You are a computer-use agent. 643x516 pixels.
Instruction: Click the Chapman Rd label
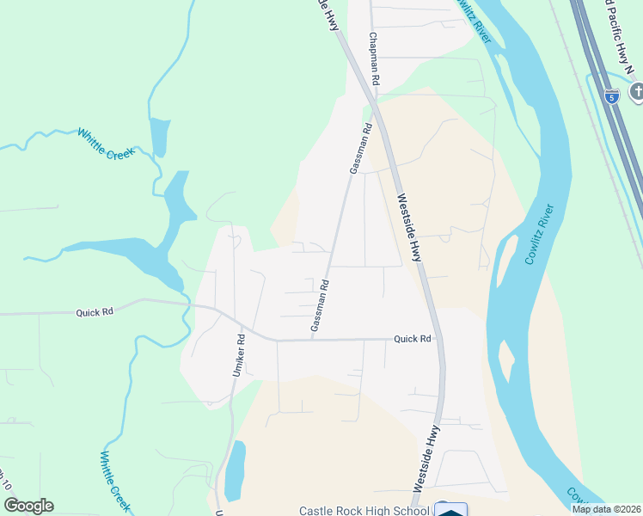point(373,58)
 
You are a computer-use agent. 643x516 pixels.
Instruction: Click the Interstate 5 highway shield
point(611,96)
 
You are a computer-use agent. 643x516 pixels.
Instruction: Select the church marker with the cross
point(636,91)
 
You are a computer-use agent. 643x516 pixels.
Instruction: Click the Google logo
point(28,506)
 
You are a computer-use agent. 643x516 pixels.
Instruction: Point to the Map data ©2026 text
point(606,508)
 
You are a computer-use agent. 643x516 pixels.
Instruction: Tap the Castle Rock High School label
point(364,511)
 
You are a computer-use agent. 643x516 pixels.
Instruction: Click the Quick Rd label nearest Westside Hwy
point(412,339)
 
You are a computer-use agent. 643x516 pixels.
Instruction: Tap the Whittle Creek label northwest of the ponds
point(107,144)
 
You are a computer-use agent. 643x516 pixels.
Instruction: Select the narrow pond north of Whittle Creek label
point(159,136)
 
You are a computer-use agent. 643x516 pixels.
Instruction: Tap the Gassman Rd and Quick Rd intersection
point(311,340)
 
